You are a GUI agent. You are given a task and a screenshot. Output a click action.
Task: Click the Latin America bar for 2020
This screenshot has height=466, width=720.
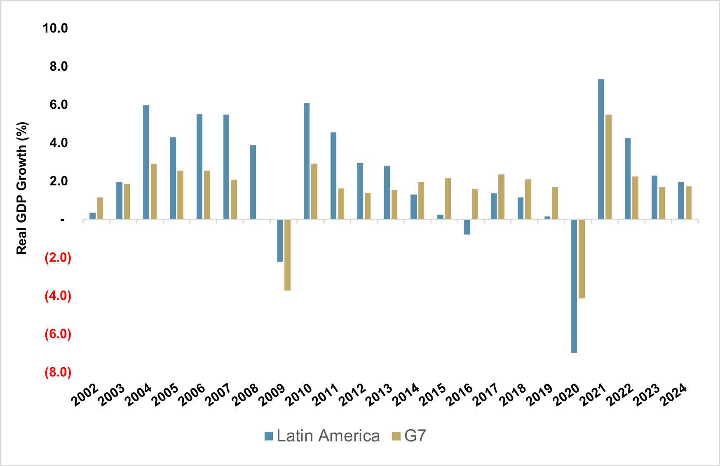pyautogui.click(x=574, y=286)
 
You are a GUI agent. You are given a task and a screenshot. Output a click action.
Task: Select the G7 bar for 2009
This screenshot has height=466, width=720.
pyautogui.click(x=287, y=255)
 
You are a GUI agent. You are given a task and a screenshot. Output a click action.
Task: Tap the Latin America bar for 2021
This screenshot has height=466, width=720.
pyautogui.click(x=601, y=149)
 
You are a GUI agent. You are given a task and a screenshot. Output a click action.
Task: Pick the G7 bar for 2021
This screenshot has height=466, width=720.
pyautogui.click(x=608, y=166)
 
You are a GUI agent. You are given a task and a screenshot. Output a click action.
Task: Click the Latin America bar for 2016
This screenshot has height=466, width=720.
pyautogui.click(x=467, y=227)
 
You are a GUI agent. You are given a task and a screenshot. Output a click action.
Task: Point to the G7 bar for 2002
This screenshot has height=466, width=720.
pyautogui.click(x=100, y=208)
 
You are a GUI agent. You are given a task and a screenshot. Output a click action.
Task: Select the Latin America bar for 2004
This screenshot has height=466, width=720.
pyautogui.click(x=146, y=162)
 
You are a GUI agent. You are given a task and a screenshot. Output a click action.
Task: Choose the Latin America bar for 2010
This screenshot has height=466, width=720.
pyautogui.click(x=307, y=161)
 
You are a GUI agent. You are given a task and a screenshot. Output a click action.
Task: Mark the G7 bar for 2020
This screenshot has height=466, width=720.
pyautogui.click(x=582, y=259)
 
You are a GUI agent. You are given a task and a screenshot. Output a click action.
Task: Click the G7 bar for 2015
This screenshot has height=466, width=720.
pyautogui.click(x=448, y=198)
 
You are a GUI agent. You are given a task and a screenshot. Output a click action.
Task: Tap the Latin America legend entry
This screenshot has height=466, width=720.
pyautogui.click(x=322, y=436)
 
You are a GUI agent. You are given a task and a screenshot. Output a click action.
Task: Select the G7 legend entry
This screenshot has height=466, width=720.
pyautogui.click(x=409, y=436)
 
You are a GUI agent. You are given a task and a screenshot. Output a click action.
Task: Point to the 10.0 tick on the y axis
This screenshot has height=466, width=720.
pyautogui.click(x=55, y=28)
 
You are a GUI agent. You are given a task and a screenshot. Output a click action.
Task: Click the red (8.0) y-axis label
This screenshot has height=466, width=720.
pyautogui.click(x=58, y=372)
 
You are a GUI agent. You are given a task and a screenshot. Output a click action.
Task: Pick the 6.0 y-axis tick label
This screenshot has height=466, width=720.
pyautogui.click(x=59, y=105)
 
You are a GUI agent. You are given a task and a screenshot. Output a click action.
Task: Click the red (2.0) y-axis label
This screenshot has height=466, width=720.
pyautogui.click(x=58, y=258)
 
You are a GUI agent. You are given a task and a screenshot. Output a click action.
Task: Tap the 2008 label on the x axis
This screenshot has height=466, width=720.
pyautogui.click(x=245, y=395)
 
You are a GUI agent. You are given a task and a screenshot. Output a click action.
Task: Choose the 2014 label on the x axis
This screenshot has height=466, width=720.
pyautogui.click(x=406, y=395)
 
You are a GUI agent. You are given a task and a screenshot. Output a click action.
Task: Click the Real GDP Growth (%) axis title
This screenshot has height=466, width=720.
pyautogui.click(x=21, y=188)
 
